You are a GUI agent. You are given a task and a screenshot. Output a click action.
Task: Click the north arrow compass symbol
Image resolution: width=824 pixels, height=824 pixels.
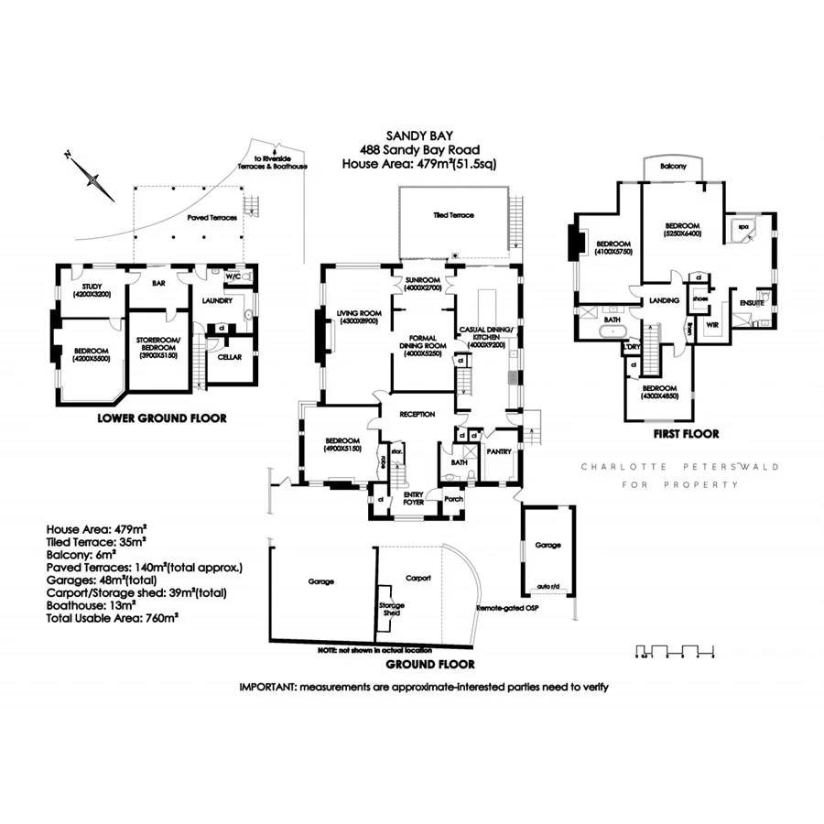89,174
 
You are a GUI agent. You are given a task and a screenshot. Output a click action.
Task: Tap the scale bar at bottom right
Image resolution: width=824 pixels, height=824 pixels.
674,653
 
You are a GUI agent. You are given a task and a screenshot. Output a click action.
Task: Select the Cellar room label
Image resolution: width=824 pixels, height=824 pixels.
229,357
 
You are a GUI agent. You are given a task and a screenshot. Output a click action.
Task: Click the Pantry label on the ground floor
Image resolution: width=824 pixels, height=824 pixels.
499,451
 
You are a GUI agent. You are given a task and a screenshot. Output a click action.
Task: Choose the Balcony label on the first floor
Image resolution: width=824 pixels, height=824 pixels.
673,167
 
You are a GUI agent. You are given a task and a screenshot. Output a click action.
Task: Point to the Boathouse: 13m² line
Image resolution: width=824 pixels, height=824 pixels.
91,605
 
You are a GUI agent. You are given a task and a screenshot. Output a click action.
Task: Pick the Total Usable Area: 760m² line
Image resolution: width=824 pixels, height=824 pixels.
112,618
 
